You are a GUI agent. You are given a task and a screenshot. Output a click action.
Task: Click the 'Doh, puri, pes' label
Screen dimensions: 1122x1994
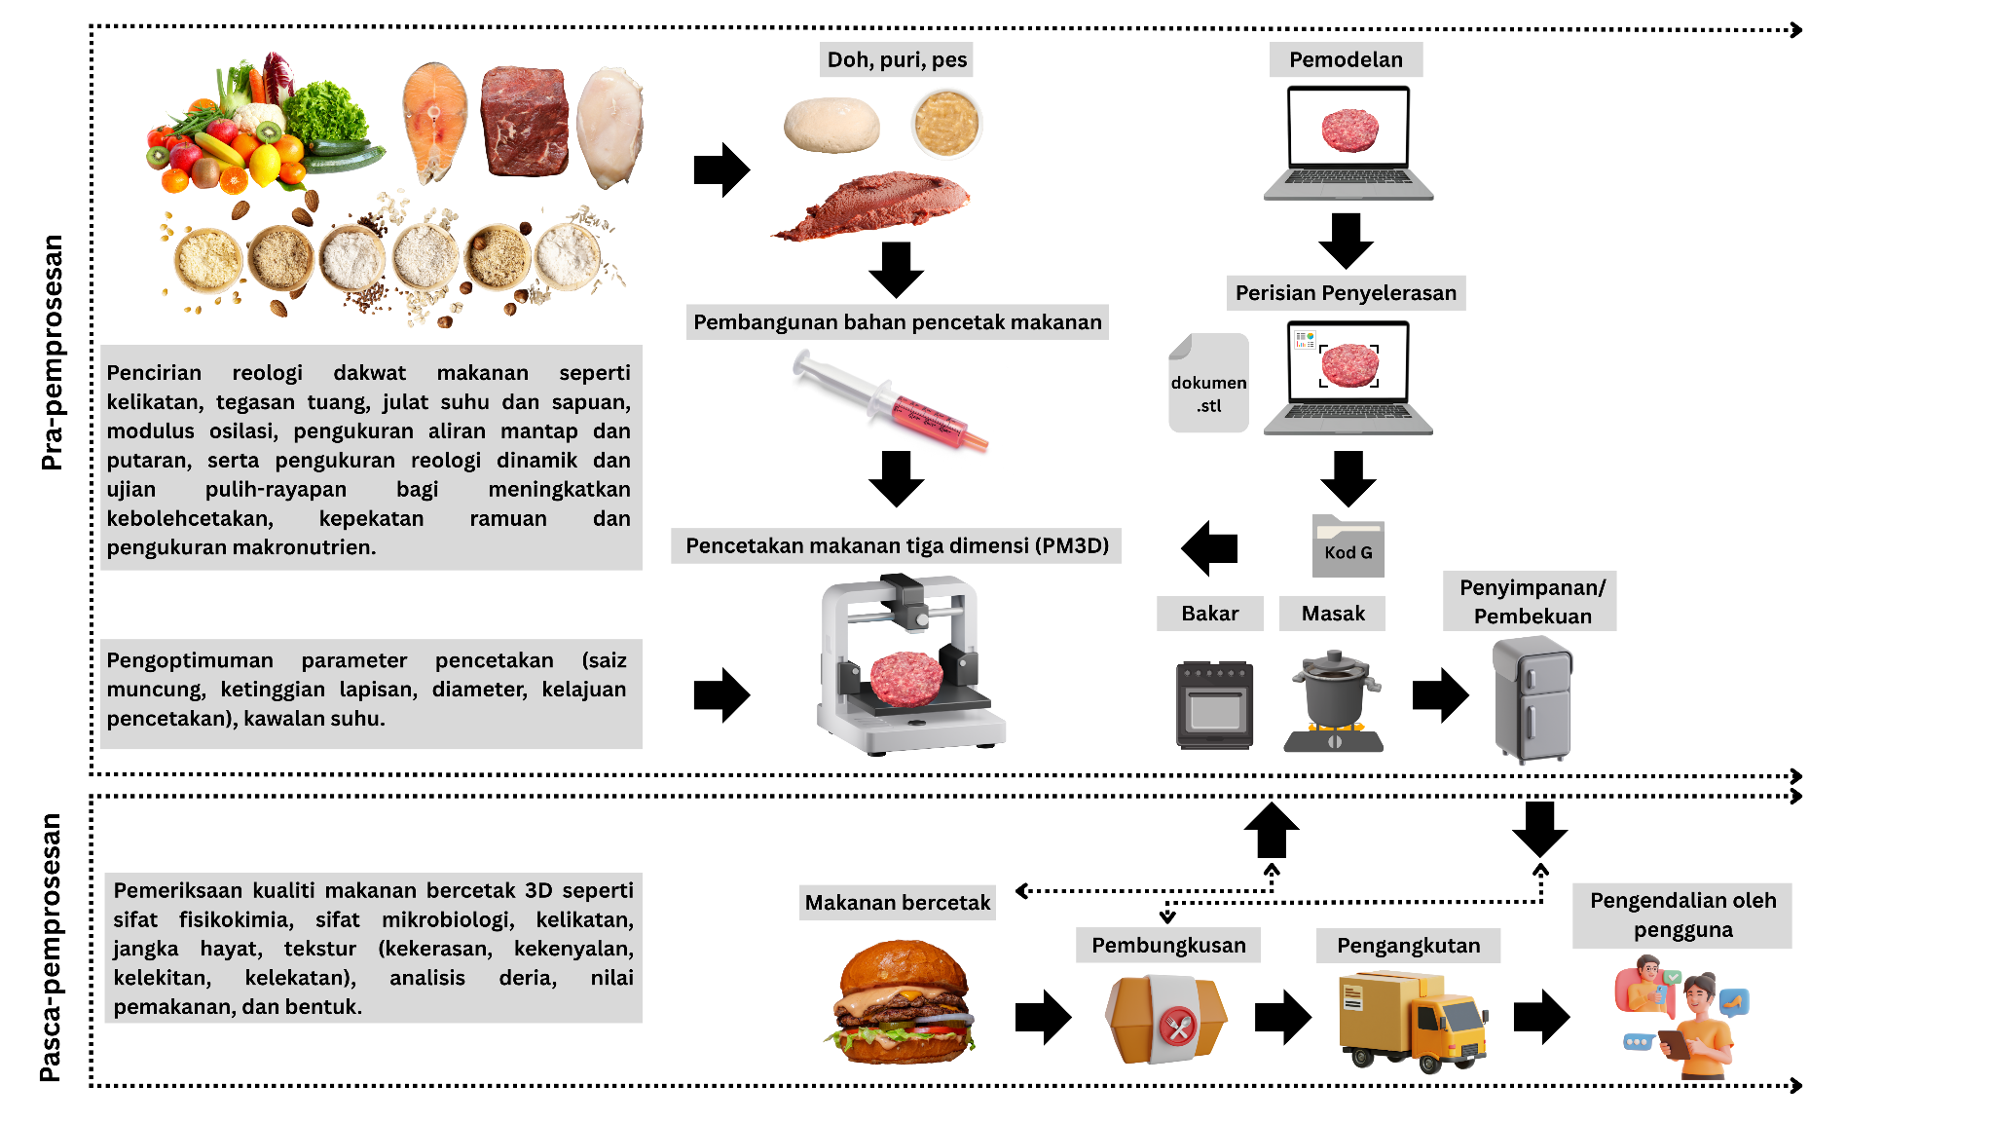click(x=897, y=59)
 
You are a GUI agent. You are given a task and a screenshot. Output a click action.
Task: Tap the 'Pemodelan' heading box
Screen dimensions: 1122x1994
click(x=1346, y=59)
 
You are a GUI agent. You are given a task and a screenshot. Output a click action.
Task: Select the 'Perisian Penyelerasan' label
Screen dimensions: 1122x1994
click(x=1346, y=292)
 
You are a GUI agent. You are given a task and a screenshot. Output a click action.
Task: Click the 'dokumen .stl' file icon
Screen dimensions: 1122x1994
click(x=1208, y=383)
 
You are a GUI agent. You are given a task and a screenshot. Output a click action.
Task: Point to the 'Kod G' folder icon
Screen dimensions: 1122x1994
click(x=1348, y=546)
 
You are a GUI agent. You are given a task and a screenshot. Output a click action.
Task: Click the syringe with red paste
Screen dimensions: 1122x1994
click(x=890, y=402)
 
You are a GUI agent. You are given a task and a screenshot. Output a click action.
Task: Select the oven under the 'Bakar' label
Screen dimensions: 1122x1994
click(x=1214, y=704)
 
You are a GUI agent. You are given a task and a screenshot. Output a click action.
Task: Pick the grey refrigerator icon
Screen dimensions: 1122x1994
click(x=1532, y=698)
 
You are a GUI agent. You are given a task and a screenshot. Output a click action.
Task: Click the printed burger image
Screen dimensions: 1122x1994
click(x=904, y=1002)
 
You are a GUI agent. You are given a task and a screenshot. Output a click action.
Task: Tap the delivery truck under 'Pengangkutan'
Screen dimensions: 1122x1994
click(x=1413, y=1020)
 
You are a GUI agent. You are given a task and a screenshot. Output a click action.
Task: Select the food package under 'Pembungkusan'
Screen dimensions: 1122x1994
click(x=1166, y=1020)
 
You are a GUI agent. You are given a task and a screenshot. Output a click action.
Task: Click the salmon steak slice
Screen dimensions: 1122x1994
click(x=434, y=121)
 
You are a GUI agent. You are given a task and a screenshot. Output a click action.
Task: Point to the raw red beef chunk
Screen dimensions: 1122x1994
click(x=524, y=122)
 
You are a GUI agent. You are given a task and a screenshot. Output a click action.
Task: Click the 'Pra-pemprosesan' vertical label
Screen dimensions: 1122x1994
click(x=52, y=353)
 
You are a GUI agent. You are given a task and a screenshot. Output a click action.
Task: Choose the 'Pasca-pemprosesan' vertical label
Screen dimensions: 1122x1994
click(x=50, y=948)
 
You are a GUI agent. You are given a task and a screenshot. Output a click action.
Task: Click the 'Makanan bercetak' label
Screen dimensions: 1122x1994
click(x=897, y=903)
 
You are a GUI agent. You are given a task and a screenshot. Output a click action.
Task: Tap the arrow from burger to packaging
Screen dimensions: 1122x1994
click(x=1043, y=1018)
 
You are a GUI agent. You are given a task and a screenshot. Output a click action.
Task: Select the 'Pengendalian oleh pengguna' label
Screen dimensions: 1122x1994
click(x=1682, y=915)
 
